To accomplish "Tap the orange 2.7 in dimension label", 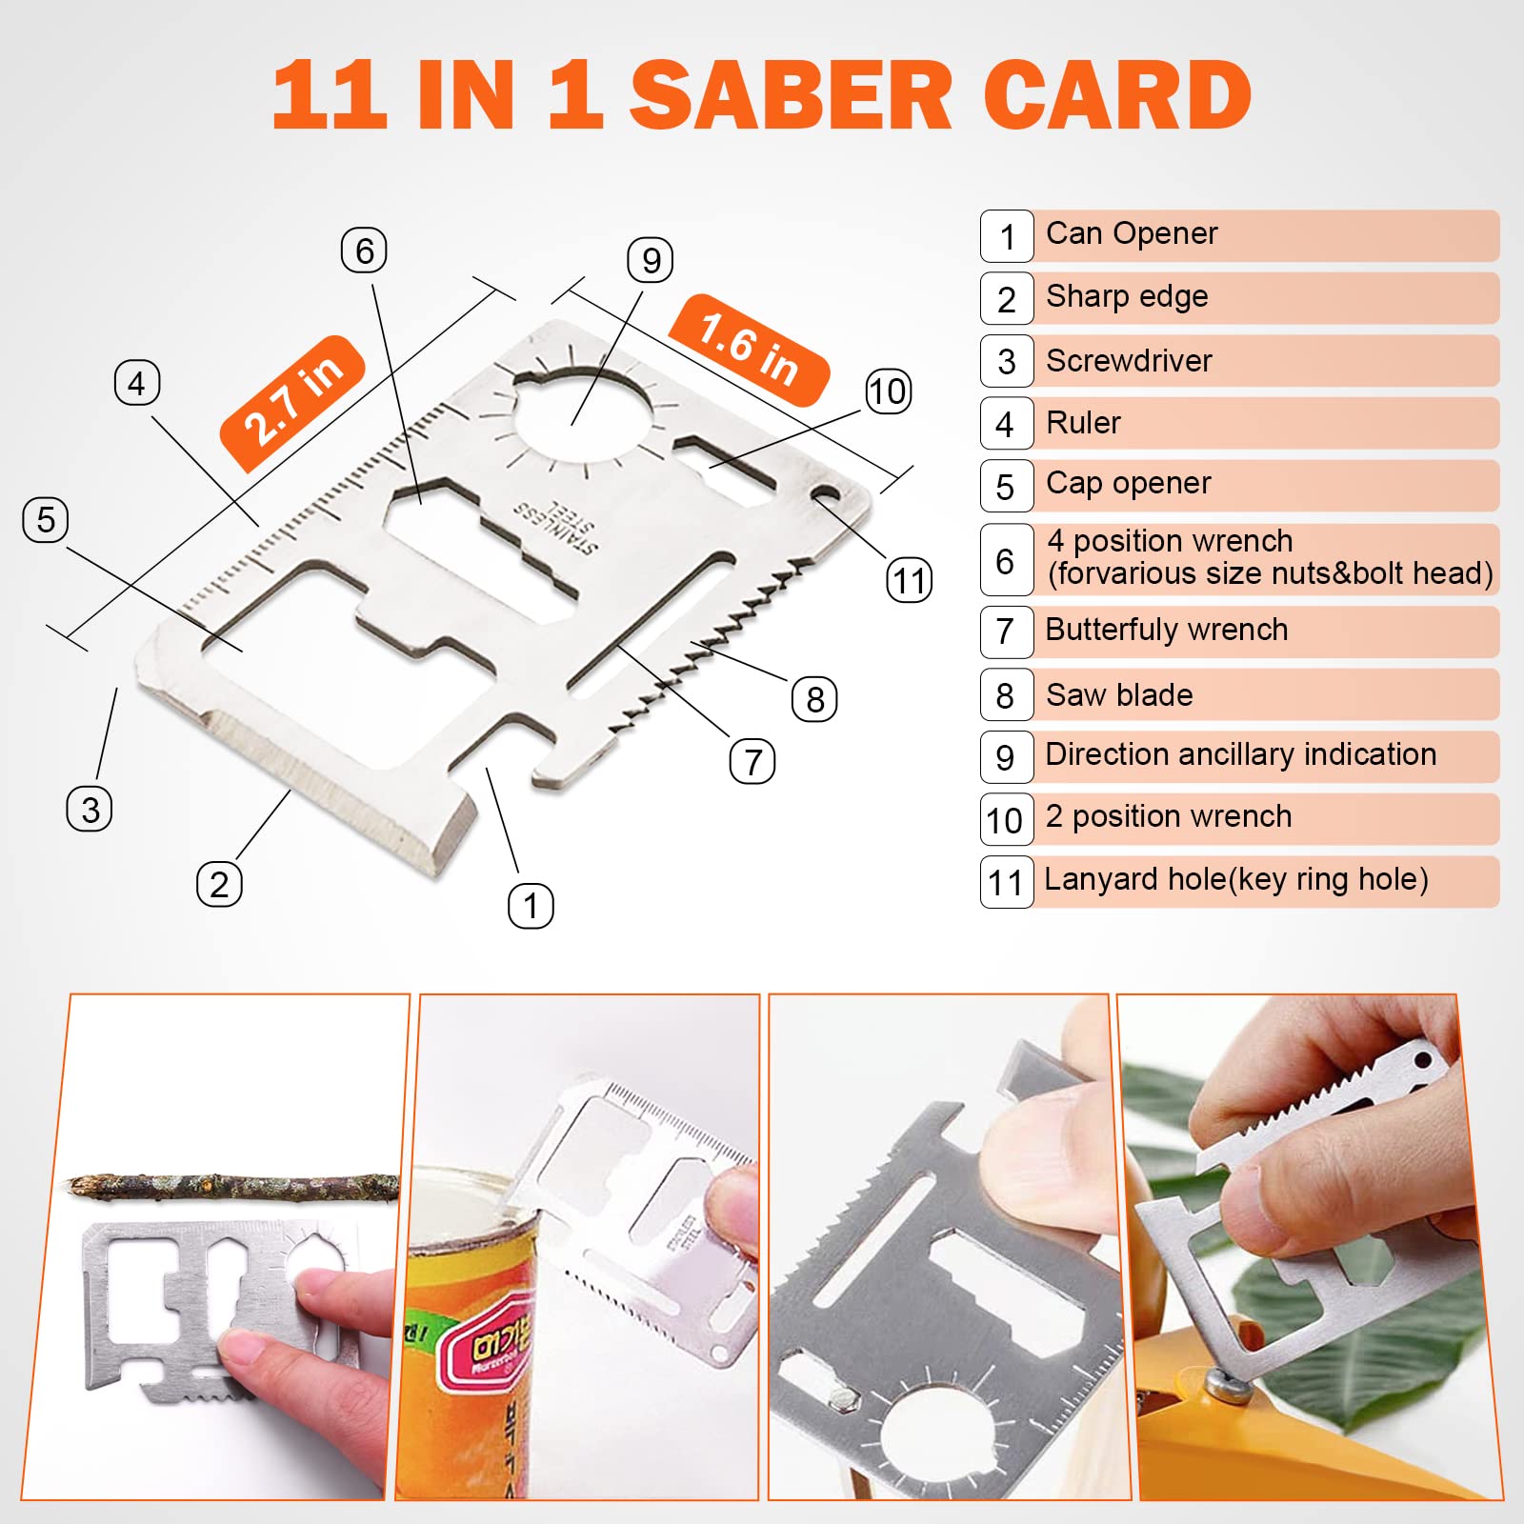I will pos(293,403).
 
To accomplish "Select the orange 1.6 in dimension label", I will pos(749,350).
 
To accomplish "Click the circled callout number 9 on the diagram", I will pos(651,260).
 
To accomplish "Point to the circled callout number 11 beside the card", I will pos(910,580).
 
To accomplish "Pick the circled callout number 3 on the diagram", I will pos(90,810).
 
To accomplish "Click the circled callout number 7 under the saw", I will pos(752,762).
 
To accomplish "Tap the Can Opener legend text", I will pos(1132,233).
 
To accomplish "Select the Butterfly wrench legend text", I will pos(1167,630).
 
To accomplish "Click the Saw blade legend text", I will pos(1119,694).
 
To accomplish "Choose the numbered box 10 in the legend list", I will pos(1006,820).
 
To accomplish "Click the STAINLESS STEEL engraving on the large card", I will pos(557,525).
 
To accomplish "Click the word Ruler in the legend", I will pos(1083,423).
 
